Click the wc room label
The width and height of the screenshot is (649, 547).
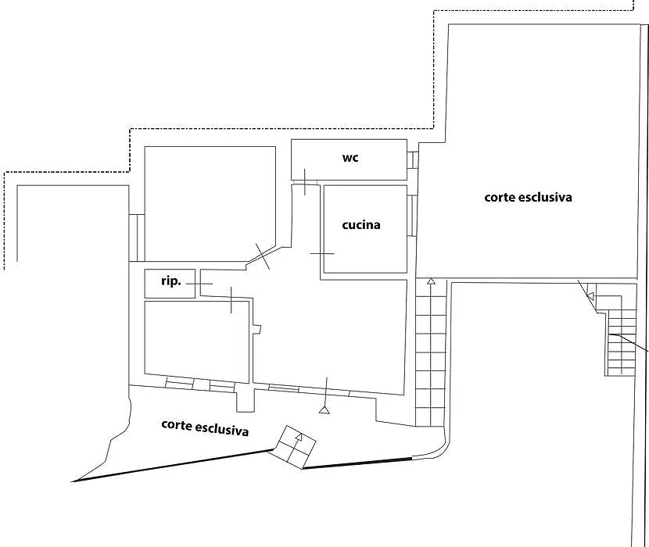350,158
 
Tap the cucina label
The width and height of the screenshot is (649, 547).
361,225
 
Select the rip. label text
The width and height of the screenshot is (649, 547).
171,281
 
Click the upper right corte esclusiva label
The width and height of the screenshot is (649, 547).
528,197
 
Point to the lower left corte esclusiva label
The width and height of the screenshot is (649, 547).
205,427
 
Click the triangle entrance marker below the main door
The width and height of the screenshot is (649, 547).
324,410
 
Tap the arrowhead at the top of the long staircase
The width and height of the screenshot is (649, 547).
431,281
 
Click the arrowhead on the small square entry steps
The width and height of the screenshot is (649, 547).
299,437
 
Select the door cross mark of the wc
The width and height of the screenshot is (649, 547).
305,181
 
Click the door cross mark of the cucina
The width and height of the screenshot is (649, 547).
322,253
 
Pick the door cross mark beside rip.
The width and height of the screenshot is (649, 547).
199,284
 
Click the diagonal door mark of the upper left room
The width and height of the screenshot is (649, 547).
263,256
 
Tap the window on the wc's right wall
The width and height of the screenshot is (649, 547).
412,159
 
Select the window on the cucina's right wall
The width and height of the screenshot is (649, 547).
412,216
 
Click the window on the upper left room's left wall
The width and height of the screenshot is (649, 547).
137,238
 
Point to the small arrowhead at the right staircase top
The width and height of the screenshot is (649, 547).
591,296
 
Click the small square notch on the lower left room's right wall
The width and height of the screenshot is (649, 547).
257,329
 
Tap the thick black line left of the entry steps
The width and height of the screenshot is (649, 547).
173,466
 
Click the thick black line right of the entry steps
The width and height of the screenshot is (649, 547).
357,463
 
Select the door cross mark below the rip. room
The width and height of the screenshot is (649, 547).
231,300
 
